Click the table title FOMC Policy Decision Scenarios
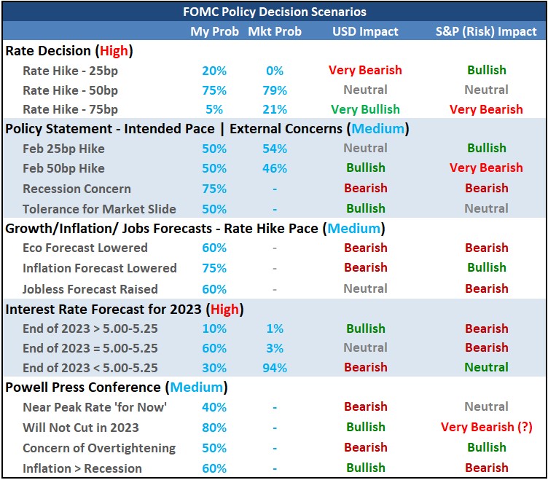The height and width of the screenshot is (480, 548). click(273, 12)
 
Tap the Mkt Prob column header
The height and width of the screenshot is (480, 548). click(275, 31)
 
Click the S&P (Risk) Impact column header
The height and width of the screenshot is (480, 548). click(486, 31)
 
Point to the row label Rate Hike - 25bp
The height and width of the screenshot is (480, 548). click(70, 71)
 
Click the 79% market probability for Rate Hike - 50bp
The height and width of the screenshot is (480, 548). click(275, 90)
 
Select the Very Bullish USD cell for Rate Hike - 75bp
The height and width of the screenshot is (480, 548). click(365, 109)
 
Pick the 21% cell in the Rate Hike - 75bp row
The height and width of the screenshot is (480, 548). click(275, 109)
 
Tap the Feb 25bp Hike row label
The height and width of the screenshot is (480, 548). click(63, 149)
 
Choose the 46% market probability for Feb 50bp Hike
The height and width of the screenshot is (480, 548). click(275, 168)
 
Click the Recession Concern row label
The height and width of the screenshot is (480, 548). click(77, 188)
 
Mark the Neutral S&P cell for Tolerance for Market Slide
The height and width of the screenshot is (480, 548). click(486, 208)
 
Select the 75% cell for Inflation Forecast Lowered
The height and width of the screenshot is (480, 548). click(214, 268)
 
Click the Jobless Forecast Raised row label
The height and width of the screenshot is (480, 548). click(90, 288)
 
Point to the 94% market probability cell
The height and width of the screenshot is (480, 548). click(275, 367)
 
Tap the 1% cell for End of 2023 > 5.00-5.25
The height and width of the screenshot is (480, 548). click(275, 328)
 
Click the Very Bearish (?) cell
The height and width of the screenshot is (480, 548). click(486, 427)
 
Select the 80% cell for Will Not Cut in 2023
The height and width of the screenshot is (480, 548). click(214, 427)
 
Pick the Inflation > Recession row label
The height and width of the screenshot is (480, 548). click(82, 468)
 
